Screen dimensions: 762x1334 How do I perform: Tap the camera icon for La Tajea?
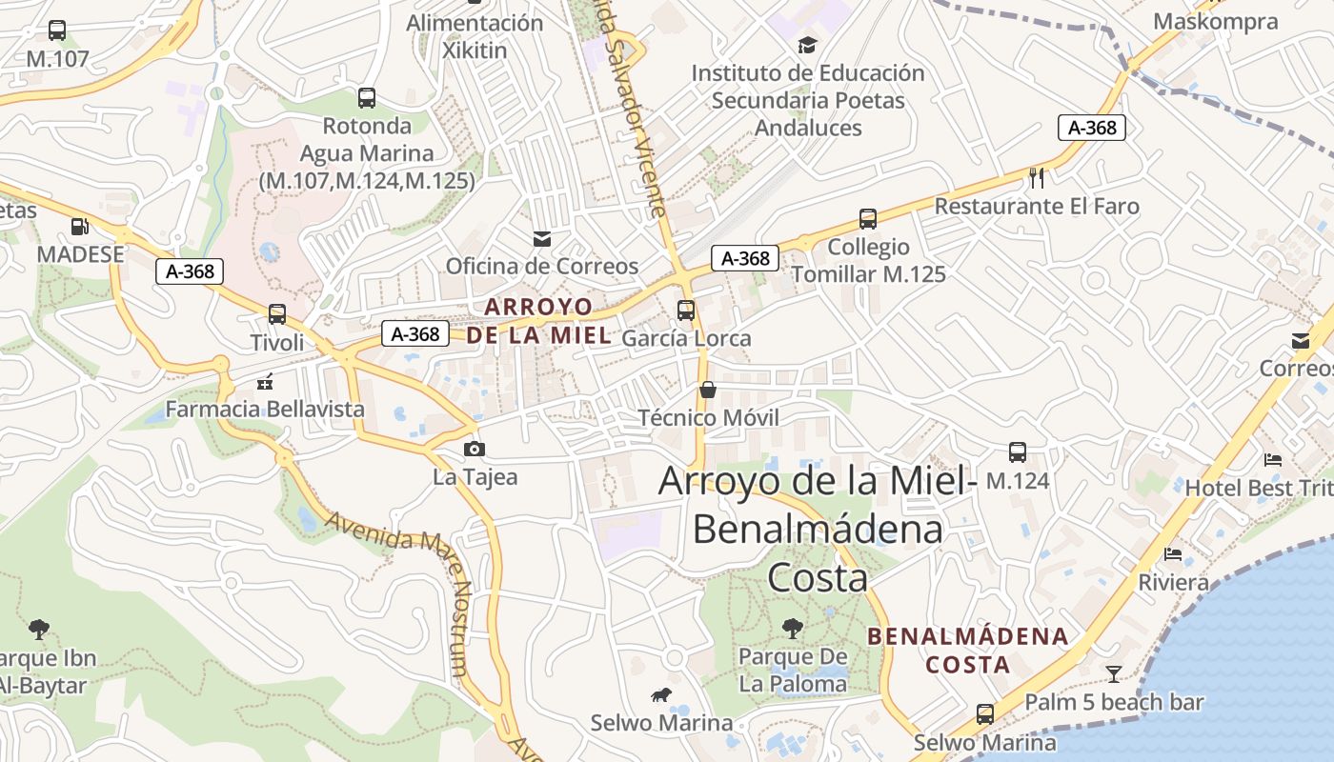(x=474, y=449)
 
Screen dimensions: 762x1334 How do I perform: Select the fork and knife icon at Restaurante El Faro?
(x=1038, y=177)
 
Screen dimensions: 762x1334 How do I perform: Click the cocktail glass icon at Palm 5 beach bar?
(x=1113, y=674)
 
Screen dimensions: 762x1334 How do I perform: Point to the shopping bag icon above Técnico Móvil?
(x=708, y=390)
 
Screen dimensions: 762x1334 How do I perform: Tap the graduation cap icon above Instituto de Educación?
(x=807, y=45)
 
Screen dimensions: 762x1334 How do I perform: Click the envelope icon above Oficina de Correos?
(x=542, y=238)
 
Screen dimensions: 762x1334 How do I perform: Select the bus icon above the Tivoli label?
(x=277, y=313)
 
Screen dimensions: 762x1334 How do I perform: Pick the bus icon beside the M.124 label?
(x=1018, y=452)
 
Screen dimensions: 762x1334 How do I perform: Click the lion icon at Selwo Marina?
(x=660, y=695)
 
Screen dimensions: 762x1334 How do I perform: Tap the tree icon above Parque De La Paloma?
(x=792, y=628)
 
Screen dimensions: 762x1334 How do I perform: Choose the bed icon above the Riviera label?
(x=1173, y=553)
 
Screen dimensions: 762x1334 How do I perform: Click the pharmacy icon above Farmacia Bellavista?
(x=265, y=381)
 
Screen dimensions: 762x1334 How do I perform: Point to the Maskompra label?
(x=1215, y=22)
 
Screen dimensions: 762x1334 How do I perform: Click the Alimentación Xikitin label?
(x=475, y=36)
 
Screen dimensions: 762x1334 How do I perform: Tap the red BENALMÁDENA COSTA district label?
(x=968, y=650)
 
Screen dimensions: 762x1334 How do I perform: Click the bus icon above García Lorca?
(x=686, y=310)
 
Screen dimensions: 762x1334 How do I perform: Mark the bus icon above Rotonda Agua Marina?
(x=367, y=97)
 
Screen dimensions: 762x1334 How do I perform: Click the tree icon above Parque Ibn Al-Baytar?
(x=39, y=629)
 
